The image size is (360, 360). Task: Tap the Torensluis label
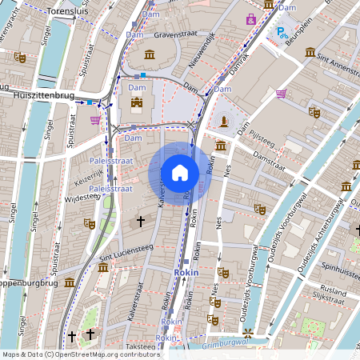click(x=70, y=12)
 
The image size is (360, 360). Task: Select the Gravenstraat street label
click(x=174, y=35)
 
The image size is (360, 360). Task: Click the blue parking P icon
click(x=281, y=33)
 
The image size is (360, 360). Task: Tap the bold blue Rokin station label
click(x=186, y=273)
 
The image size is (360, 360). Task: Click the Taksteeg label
click(x=140, y=346)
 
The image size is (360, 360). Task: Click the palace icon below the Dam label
click(x=137, y=103)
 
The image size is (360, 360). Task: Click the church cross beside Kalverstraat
click(x=141, y=220)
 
